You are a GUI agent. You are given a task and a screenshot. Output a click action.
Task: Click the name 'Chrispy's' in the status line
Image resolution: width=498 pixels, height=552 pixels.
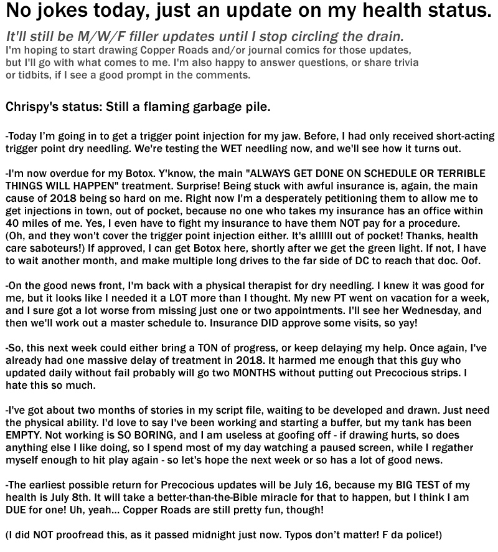31,107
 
